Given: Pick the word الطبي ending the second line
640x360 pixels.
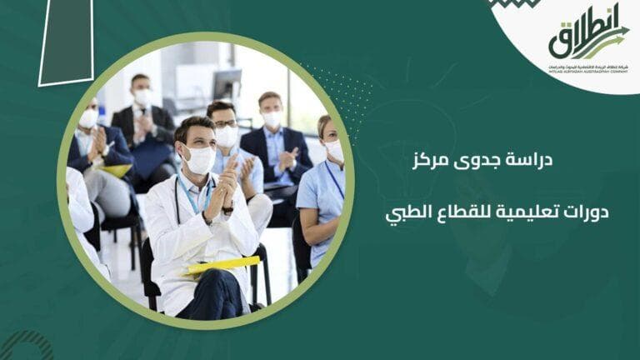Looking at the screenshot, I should coord(401,213).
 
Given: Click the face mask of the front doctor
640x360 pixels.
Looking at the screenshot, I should coord(199,159).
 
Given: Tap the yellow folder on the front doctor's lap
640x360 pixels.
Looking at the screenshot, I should coord(222,266).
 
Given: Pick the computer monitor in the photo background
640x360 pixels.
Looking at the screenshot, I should coord(227,83).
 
